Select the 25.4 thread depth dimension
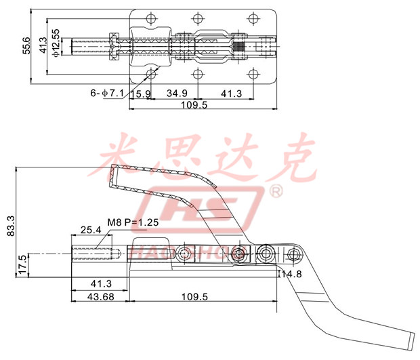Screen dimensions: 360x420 (91, 230)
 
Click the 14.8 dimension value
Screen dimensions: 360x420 (293, 275)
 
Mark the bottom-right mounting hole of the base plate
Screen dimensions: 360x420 (255, 74)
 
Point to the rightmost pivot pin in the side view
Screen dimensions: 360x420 (293, 255)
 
